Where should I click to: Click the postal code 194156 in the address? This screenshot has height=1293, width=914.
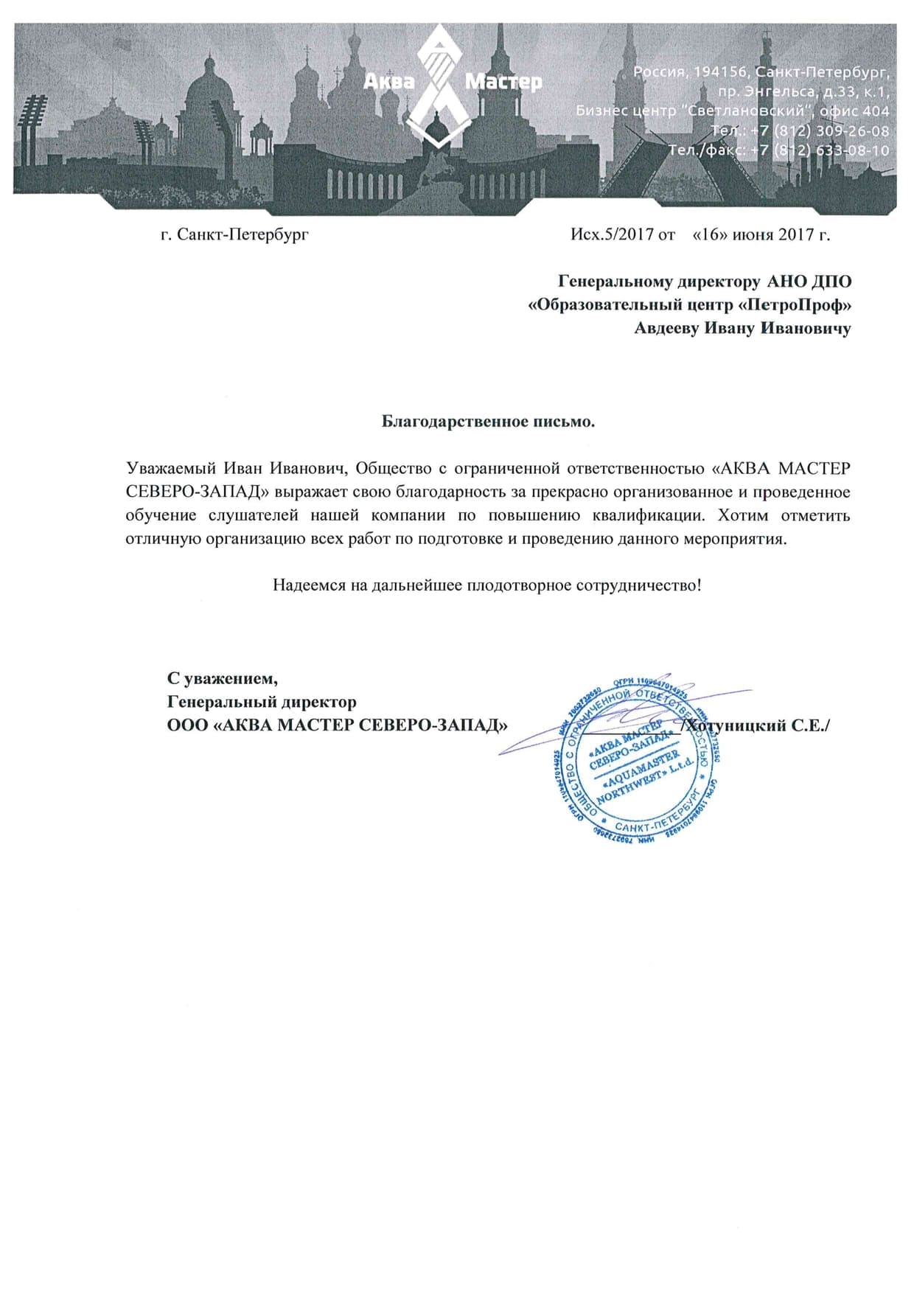722,72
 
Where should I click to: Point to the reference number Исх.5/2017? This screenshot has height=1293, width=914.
612,234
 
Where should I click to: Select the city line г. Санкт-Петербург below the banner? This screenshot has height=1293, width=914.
234,234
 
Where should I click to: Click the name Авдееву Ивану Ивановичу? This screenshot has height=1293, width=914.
742,328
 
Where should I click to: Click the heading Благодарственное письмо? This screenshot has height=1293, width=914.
488,422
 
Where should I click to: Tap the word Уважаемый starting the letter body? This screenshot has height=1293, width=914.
171,469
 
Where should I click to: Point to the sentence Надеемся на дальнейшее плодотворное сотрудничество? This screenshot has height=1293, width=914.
487,585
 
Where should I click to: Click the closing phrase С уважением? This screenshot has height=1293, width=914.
223,678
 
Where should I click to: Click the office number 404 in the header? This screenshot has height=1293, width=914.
875,111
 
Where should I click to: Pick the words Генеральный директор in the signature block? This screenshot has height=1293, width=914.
262,702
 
